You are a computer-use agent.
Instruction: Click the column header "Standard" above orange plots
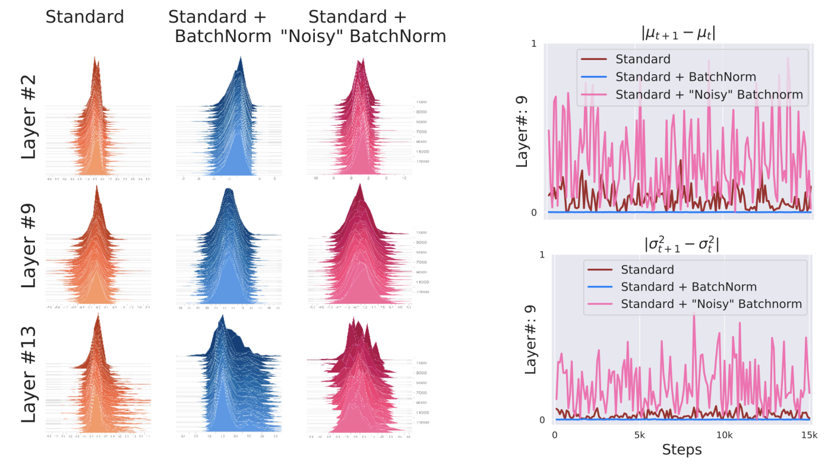(x=84, y=17)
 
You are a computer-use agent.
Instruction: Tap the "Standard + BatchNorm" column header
(x=223, y=26)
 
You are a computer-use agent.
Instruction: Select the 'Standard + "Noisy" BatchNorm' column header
(x=363, y=26)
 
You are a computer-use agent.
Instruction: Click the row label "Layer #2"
(x=29, y=116)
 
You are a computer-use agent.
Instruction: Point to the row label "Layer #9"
(x=29, y=246)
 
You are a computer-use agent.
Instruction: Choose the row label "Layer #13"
(x=29, y=374)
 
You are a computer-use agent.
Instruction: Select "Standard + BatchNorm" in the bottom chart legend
(x=688, y=287)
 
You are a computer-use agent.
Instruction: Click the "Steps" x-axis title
(x=682, y=449)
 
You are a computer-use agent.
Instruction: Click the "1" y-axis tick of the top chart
(x=534, y=44)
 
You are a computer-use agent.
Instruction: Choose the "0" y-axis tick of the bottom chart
(x=542, y=420)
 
